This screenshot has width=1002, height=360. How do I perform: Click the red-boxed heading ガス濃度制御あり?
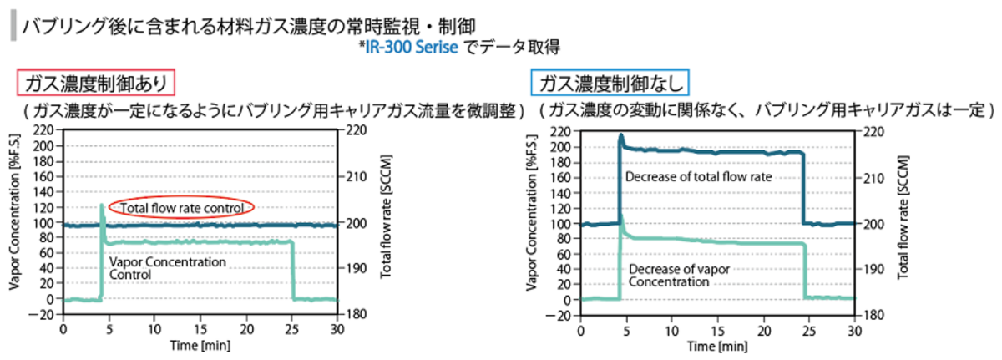pyautogui.click(x=98, y=83)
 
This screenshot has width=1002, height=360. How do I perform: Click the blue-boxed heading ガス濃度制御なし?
pyautogui.click(x=612, y=83)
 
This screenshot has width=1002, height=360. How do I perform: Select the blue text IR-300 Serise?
pyautogui.click(x=414, y=47)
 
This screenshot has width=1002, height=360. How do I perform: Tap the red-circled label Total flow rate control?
pyautogui.click(x=181, y=207)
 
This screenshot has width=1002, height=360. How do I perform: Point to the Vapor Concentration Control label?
pyautogui.click(x=168, y=267)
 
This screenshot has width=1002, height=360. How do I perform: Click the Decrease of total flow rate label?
pyautogui.click(x=698, y=176)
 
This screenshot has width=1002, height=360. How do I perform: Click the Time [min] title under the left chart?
pyautogui.click(x=200, y=346)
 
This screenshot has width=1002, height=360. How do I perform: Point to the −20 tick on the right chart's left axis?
pyautogui.click(x=563, y=316)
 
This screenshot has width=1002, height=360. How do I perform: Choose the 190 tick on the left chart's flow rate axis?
pyautogui.click(x=352, y=269)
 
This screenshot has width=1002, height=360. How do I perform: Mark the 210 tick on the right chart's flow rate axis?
pyautogui.click(x=872, y=177)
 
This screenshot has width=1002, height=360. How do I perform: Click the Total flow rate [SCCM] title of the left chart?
pyautogui.click(x=387, y=223)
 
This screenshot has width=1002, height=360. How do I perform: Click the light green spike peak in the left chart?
pyautogui.click(x=102, y=204)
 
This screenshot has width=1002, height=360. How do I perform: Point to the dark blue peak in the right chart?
pyautogui.click(x=620, y=135)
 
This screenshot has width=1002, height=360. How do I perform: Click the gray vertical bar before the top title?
pyautogui.click(x=13, y=26)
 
